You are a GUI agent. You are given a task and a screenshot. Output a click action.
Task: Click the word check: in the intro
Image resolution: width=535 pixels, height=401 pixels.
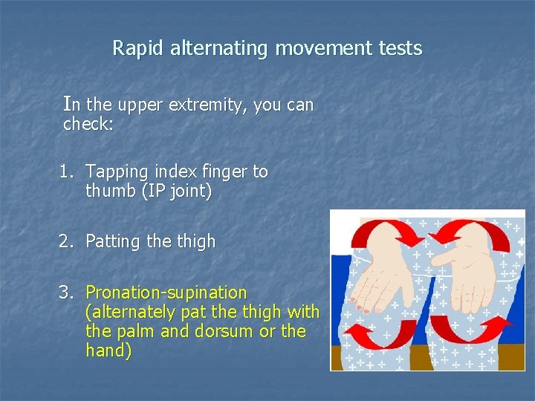click(88, 124)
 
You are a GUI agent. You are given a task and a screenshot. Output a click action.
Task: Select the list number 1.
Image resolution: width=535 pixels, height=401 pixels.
click(68, 172)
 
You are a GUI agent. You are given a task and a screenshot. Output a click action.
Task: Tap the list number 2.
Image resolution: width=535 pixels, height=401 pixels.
click(68, 241)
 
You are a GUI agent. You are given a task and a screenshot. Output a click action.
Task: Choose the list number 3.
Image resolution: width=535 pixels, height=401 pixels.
click(68, 293)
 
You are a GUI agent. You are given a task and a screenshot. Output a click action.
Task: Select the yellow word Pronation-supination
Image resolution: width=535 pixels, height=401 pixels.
click(166, 293)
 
